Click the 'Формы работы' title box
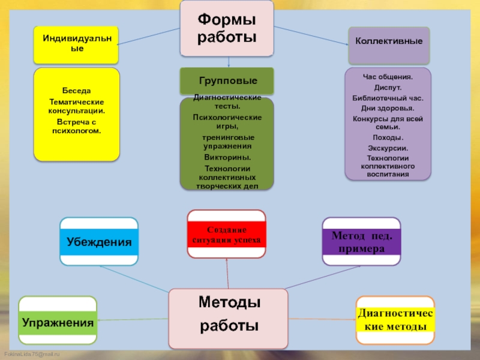coord(227,29)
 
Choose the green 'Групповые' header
coord(227,80)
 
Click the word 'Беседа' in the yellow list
coord(76,91)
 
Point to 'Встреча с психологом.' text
coord(76,125)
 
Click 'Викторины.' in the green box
coord(227,157)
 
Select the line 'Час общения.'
coord(388,77)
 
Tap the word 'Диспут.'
coord(388,88)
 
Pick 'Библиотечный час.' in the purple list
coord(388,98)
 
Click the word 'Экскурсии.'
coord(388,148)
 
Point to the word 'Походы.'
coord(388,137)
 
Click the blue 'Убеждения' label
coord(100,242)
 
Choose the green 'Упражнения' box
coord(58,322)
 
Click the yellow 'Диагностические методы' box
coord(395,320)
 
